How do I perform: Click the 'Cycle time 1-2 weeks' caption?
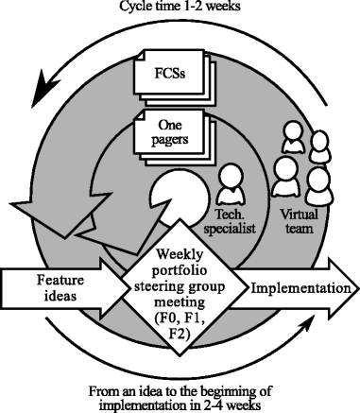[x=180, y=7]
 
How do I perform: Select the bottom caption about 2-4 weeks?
[x=180, y=397]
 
